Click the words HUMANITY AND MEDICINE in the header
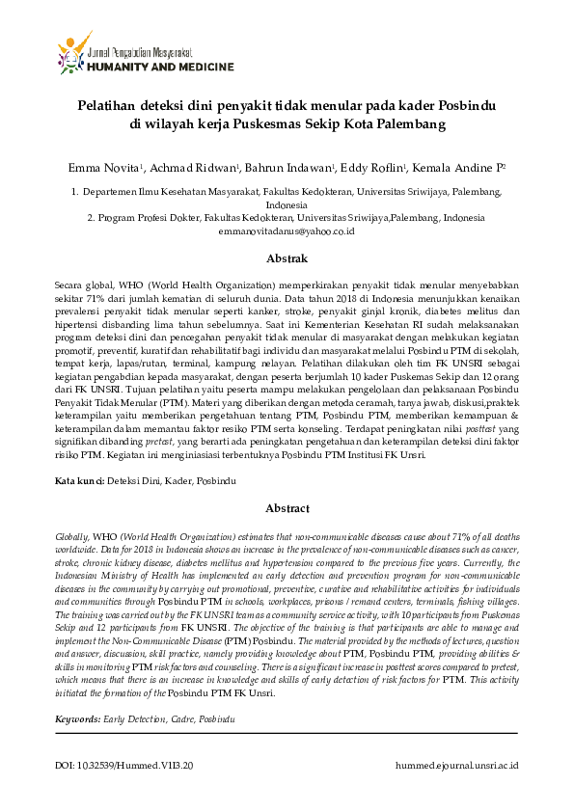(160, 67)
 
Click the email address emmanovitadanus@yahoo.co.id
(287, 232)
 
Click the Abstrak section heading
(287, 258)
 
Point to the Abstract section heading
(287, 508)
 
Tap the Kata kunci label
(77, 479)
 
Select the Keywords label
(77, 719)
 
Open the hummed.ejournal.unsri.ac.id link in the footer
(457, 765)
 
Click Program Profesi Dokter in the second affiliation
(150, 219)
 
